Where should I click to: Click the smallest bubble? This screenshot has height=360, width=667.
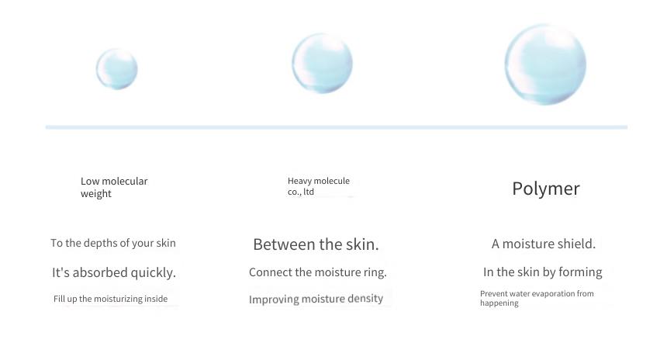pyautogui.click(x=116, y=69)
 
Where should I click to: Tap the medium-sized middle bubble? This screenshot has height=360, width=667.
pyautogui.click(x=322, y=64)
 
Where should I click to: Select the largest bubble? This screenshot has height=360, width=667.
pyautogui.click(x=545, y=64)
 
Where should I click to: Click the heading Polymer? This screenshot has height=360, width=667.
pyautogui.click(x=546, y=189)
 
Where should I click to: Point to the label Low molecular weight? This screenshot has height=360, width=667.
pyautogui.click(x=114, y=187)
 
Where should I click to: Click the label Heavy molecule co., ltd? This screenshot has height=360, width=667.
pyautogui.click(x=319, y=186)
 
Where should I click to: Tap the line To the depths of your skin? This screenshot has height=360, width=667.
pyautogui.click(x=113, y=243)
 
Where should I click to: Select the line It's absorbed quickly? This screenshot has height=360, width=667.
pyautogui.click(x=114, y=272)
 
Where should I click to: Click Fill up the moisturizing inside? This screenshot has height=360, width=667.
pyautogui.click(x=111, y=299)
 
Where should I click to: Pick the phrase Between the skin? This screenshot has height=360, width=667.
pyautogui.click(x=316, y=244)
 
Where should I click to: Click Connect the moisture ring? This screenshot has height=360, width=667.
pyautogui.click(x=318, y=272)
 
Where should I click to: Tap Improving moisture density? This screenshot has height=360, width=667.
pyautogui.click(x=316, y=299)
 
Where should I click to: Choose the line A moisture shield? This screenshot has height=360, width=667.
pyautogui.click(x=543, y=244)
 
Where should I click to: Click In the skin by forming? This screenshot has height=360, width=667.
pyautogui.click(x=543, y=272)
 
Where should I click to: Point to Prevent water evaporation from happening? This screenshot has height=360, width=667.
pyautogui.click(x=537, y=298)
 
